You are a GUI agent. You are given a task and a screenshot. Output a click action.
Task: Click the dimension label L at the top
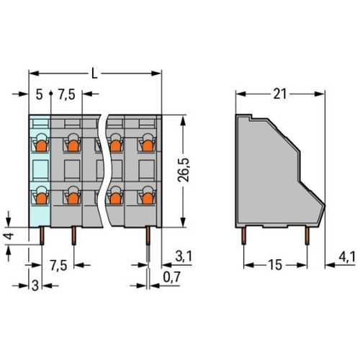[95, 73]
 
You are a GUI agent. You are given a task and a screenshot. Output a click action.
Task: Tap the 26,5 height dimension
[184, 170]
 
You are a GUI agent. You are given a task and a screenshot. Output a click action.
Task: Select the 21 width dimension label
[280, 94]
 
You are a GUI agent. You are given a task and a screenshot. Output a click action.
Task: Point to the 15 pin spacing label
[275, 265]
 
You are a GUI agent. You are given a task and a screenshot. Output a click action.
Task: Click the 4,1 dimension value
[347, 258]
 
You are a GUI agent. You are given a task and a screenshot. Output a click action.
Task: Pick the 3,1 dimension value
[184, 256]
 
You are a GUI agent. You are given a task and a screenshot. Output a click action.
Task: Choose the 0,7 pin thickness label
[171, 277]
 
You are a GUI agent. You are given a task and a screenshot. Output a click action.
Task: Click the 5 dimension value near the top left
[39, 94]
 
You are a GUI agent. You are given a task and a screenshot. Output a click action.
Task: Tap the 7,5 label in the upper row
[67, 94]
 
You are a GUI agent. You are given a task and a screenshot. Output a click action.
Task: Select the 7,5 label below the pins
[58, 266]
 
